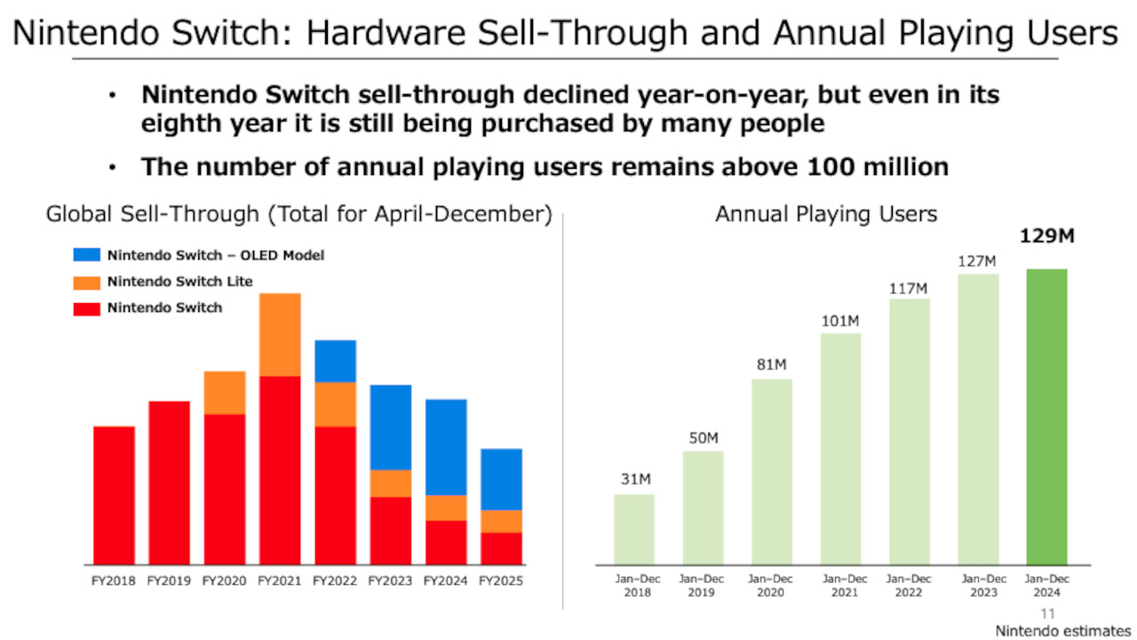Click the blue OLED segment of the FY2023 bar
point(391,427)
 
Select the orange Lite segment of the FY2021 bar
point(280,334)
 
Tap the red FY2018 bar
point(114,495)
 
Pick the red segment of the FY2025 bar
point(501,548)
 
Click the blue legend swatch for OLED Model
point(86,255)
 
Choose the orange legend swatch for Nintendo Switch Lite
point(86,282)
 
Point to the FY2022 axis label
point(335,581)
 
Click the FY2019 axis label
point(169,581)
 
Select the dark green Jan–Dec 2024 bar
point(1046,416)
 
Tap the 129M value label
point(1046,237)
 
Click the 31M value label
point(635,480)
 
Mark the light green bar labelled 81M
point(772,471)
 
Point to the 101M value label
point(840,320)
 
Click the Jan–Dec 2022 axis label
point(909,586)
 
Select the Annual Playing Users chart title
point(826,214)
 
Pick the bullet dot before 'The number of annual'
point(112,167)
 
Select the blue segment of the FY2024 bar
point(446,447)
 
